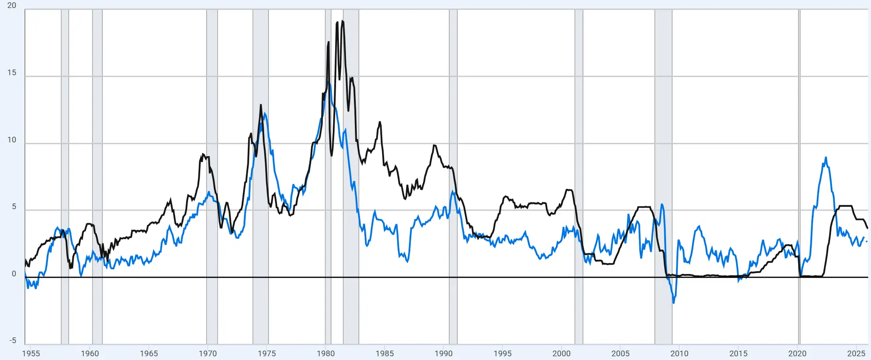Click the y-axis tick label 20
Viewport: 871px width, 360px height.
tap(12, 6)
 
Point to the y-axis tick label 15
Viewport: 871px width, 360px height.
tap(12, 73)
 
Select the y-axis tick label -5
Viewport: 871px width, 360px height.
tap(13, 341)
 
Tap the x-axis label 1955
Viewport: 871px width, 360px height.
tap(31, 353)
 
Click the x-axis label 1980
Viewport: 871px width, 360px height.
tap(326, 353)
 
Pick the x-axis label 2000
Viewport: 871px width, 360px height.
tap(561, 353)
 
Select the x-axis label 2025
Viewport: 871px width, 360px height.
tap(856, 353)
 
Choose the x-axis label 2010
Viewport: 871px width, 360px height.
tap(679, 353)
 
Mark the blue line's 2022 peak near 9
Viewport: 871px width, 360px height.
tap(826, 158)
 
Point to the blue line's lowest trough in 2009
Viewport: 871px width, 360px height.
tap(674, 303)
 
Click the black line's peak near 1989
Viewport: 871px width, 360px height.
tap(435, 146)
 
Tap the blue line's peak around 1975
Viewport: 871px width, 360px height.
tap(265, 113)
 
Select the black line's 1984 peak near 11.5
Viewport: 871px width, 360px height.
tap(380, 122)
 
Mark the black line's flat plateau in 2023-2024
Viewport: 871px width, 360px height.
tap(846, 206)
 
